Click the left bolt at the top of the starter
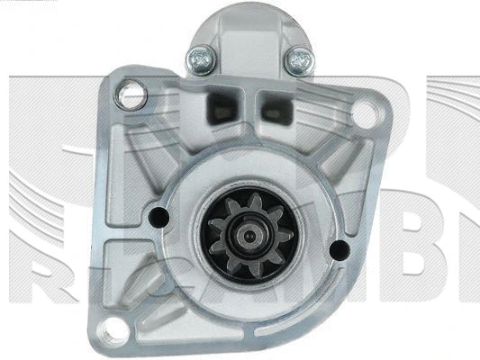coord(200,59)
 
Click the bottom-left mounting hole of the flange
coord(114,330)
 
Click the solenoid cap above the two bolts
coord(247,27)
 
